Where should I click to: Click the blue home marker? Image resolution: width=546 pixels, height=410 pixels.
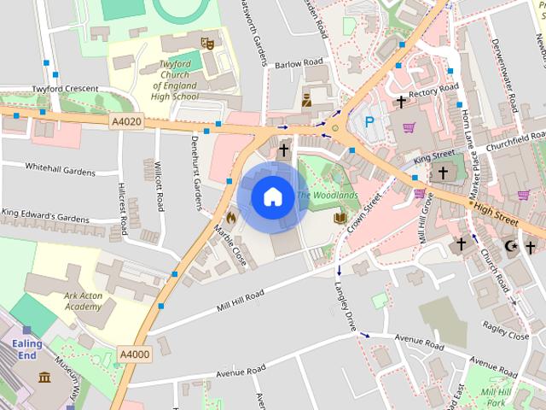(272, 196)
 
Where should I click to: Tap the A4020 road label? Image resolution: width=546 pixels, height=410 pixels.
(126, 122)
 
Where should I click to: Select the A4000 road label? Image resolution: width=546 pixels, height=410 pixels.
(134, 354)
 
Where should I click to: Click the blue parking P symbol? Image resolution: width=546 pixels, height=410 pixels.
(370, 122)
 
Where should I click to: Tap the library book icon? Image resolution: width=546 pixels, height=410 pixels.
(340, 219)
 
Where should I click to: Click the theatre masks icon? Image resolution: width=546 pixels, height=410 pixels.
(206, 42)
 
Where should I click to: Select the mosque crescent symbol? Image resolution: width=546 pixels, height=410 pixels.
(511, 247)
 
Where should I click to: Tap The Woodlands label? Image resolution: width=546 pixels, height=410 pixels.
(328, 196)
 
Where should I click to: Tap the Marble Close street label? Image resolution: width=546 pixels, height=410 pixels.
(230, 245)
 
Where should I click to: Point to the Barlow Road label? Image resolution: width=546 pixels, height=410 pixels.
(299, 63)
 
